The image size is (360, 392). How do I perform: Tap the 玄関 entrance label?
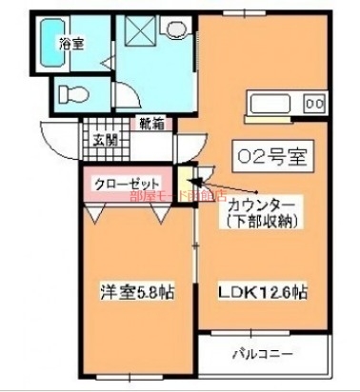tap(105, 142)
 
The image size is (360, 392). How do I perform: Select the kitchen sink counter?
tap(274, 103)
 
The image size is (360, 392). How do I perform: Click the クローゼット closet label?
tap(126, 183)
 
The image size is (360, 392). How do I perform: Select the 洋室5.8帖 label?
tap(125, 289)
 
